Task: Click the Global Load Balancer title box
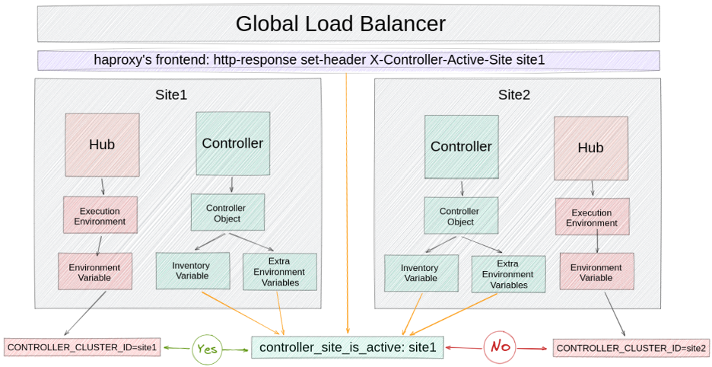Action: coord(340,24)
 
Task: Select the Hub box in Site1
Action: coord(102,145)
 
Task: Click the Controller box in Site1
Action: coord(233,143)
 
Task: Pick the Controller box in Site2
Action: coord(461,146)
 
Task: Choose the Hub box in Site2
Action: coord(590,148)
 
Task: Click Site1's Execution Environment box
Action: coord(100,215)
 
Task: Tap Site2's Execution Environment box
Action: coord(592,218)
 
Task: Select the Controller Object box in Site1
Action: coord(227,213)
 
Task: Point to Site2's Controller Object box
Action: coord(460,216)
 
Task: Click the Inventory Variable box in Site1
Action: coord(192,270)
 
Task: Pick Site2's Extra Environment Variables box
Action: coord(507,274)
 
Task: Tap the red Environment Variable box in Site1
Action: coord(95,272)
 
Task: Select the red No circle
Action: coord(500,347)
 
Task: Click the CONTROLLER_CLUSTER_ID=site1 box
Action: coord(82,348)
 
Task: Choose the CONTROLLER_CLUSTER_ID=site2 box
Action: coord(631,348)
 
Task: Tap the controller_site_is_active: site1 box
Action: coord(348,348)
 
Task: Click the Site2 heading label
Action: coord(514,95)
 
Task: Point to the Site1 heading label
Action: coord(171,95)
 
